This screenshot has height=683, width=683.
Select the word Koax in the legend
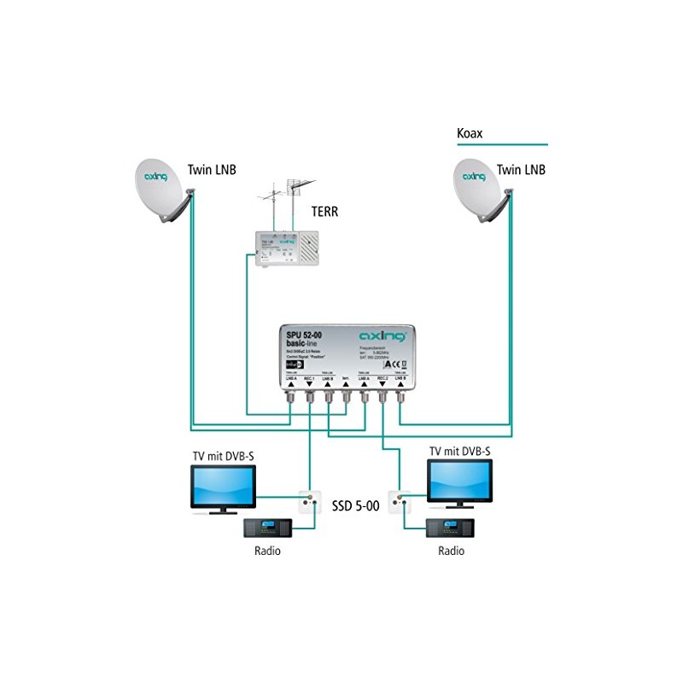pos(470,134)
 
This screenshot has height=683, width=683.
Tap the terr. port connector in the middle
pos(346,394)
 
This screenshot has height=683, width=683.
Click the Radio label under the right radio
pos(452,551)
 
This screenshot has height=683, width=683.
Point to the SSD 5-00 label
pos(356,505)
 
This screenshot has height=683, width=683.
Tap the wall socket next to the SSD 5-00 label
pos(308,502)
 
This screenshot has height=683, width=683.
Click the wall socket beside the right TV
pos(399,498)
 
